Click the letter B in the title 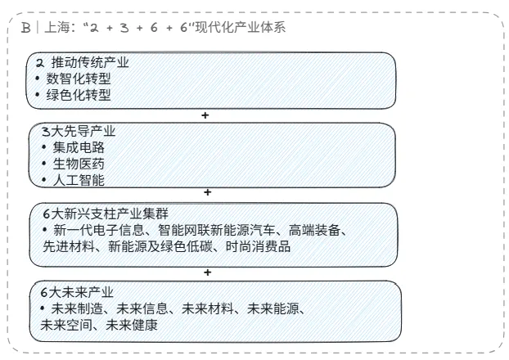click(x=26, y=28)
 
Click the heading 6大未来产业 click(x=78, y=292)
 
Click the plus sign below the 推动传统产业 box click(x=205, y=115)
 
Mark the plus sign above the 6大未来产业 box click(x=208, y=272)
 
